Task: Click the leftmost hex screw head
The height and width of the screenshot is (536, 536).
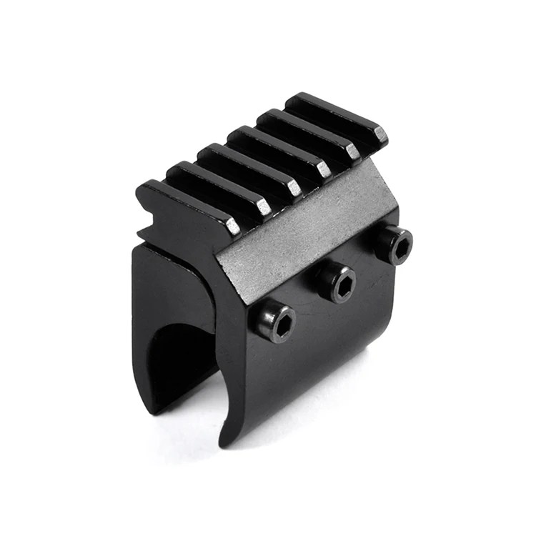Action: pos(273,321)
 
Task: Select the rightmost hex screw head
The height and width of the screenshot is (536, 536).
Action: pos(393,244)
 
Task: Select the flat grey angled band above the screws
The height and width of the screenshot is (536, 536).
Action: pos(307,229)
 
